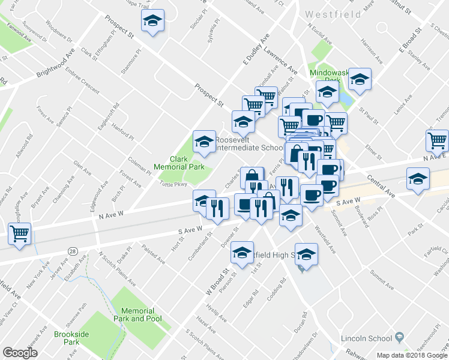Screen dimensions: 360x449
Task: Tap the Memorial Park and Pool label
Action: point(137,315)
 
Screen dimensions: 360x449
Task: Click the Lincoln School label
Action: point(366,337)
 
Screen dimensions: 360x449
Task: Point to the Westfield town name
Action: point(333,14)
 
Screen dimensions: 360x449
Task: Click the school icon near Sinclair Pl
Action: point(153,22)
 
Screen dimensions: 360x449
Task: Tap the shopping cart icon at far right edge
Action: point(438,141)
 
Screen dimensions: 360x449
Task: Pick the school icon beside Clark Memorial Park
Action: point(204,142)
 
